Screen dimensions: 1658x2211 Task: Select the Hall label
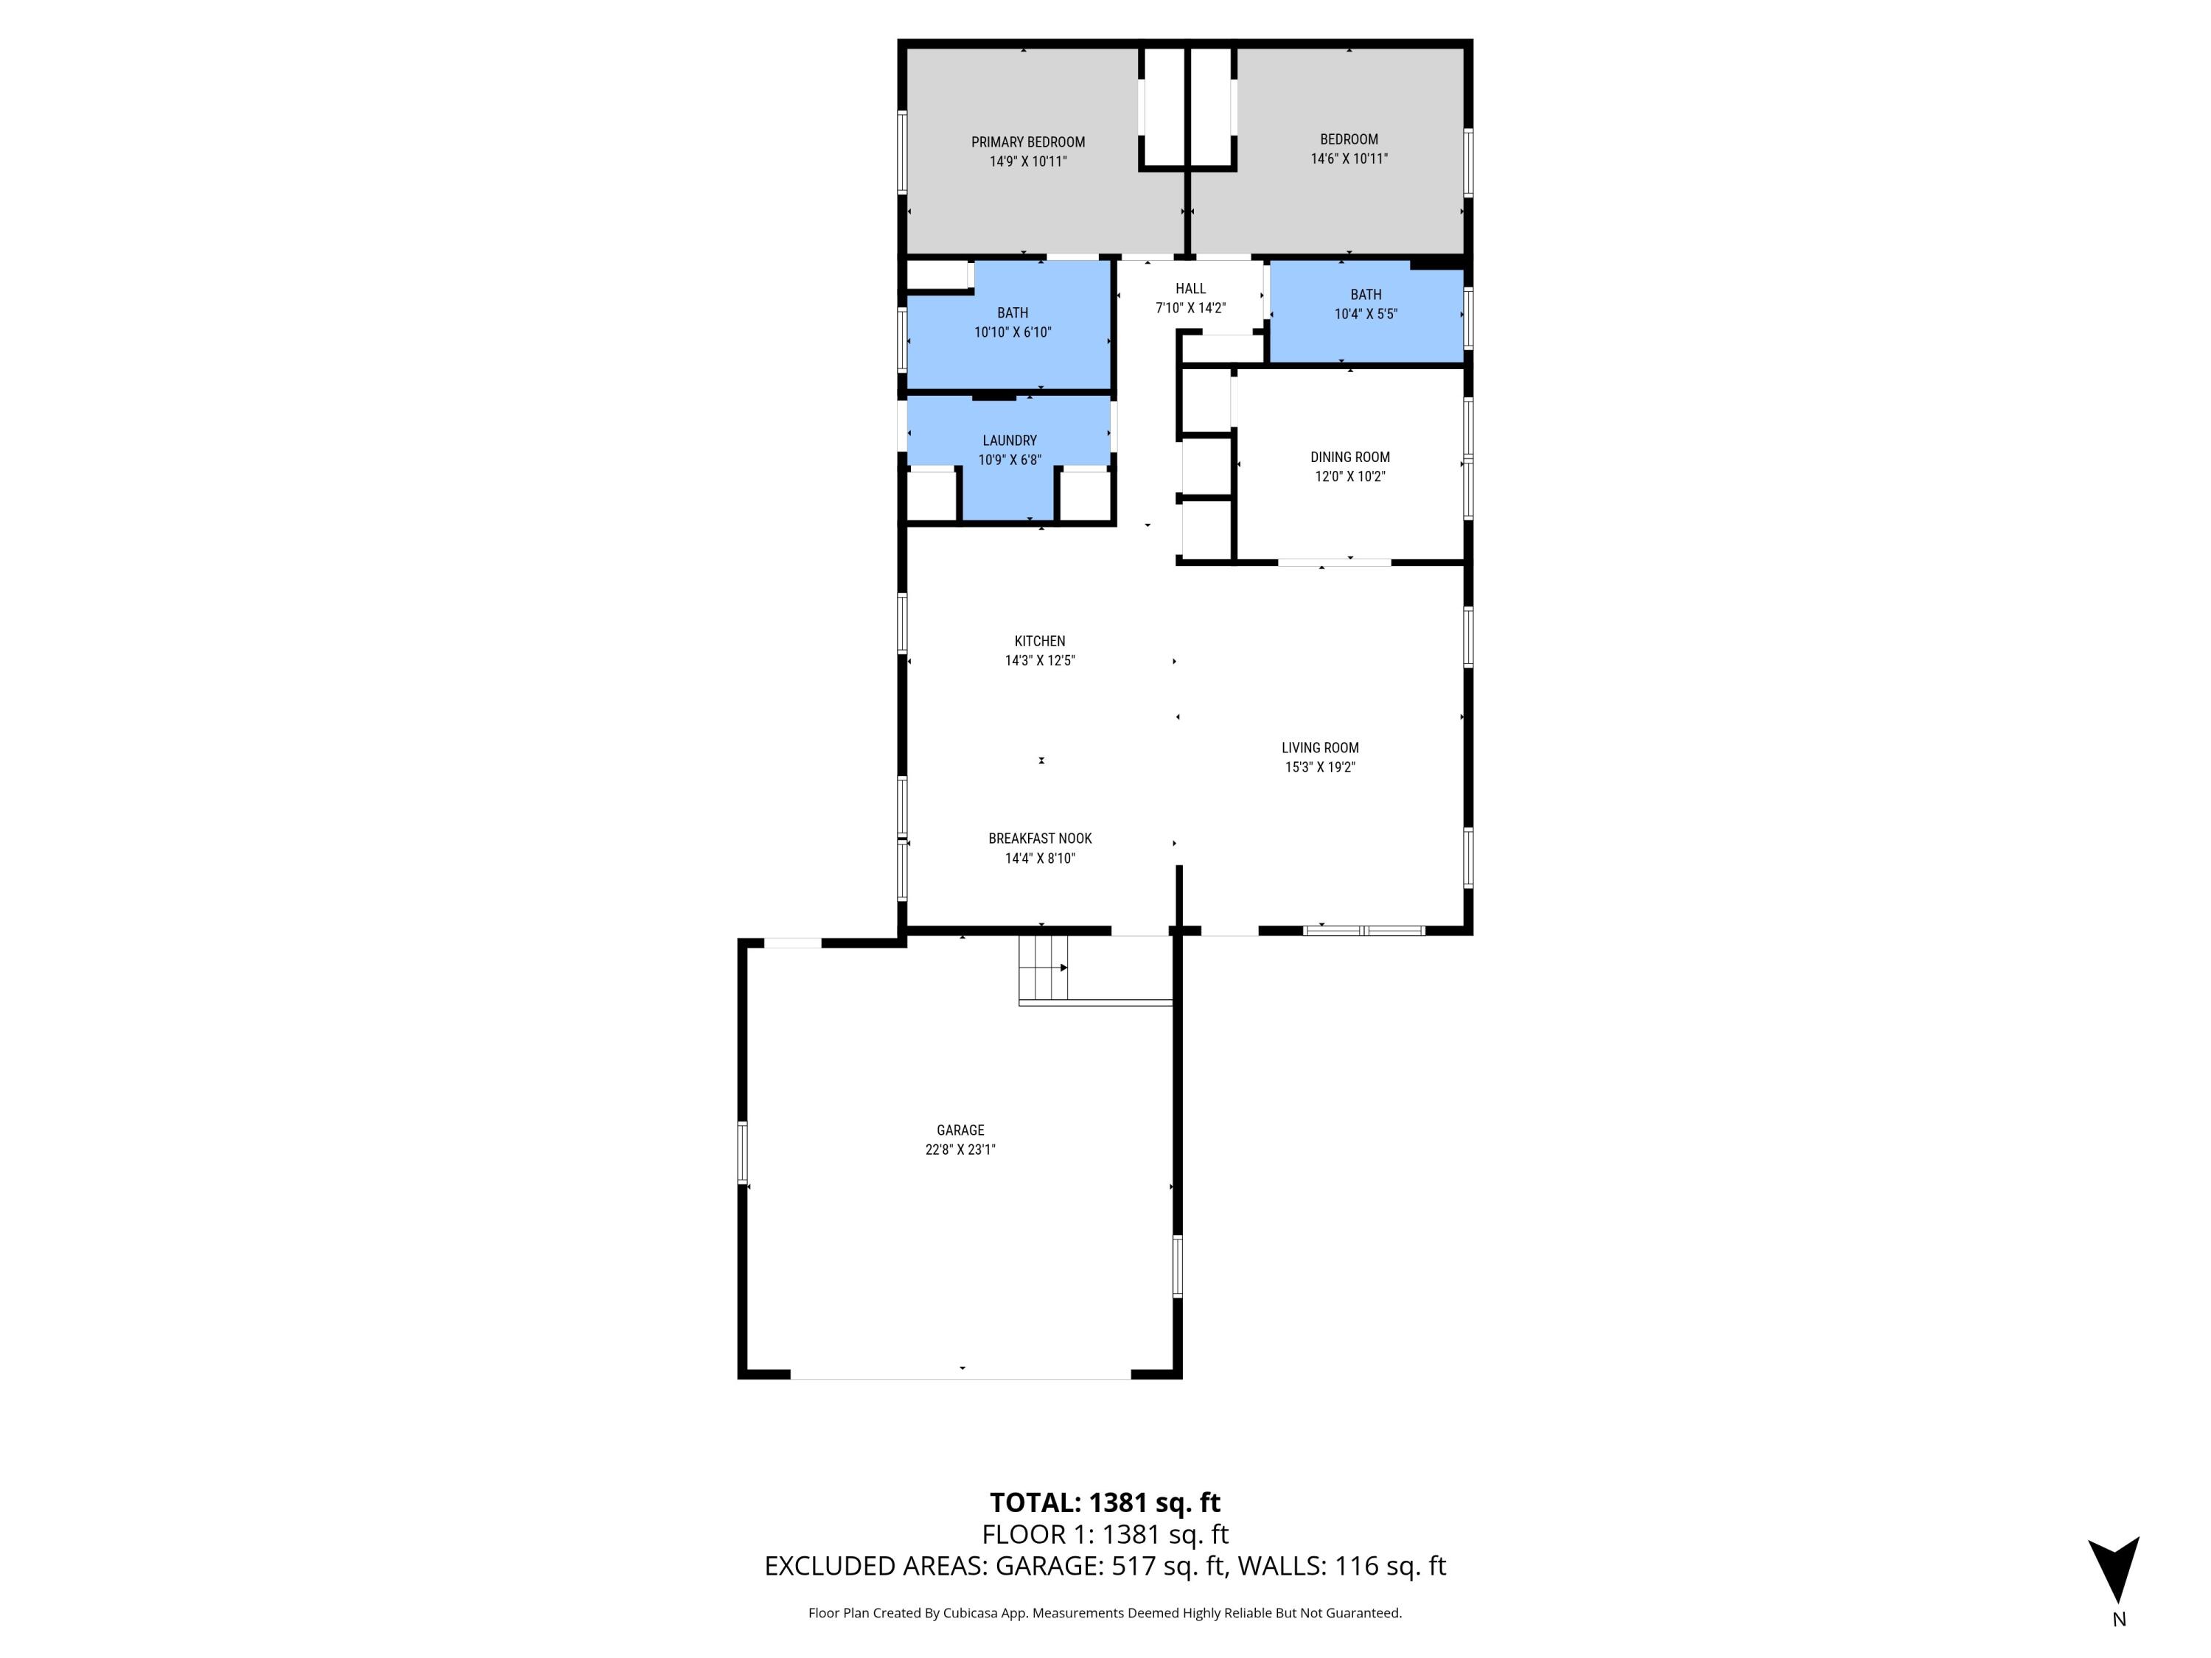(1190, 289)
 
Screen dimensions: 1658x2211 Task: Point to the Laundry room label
(1010, 441)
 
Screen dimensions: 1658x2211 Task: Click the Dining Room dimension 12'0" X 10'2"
(1349, 477)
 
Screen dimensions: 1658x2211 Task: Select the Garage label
(960, 1130)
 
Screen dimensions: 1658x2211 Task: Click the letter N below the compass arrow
(2119, 1620)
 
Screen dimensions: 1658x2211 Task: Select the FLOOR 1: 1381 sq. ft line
(1105, 1534)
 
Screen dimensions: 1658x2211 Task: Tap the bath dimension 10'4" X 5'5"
(1366, 315)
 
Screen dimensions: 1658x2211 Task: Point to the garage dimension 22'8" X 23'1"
(960, 1150)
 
